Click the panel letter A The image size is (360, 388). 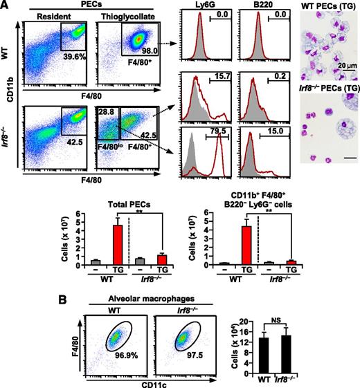click(6, 6)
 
